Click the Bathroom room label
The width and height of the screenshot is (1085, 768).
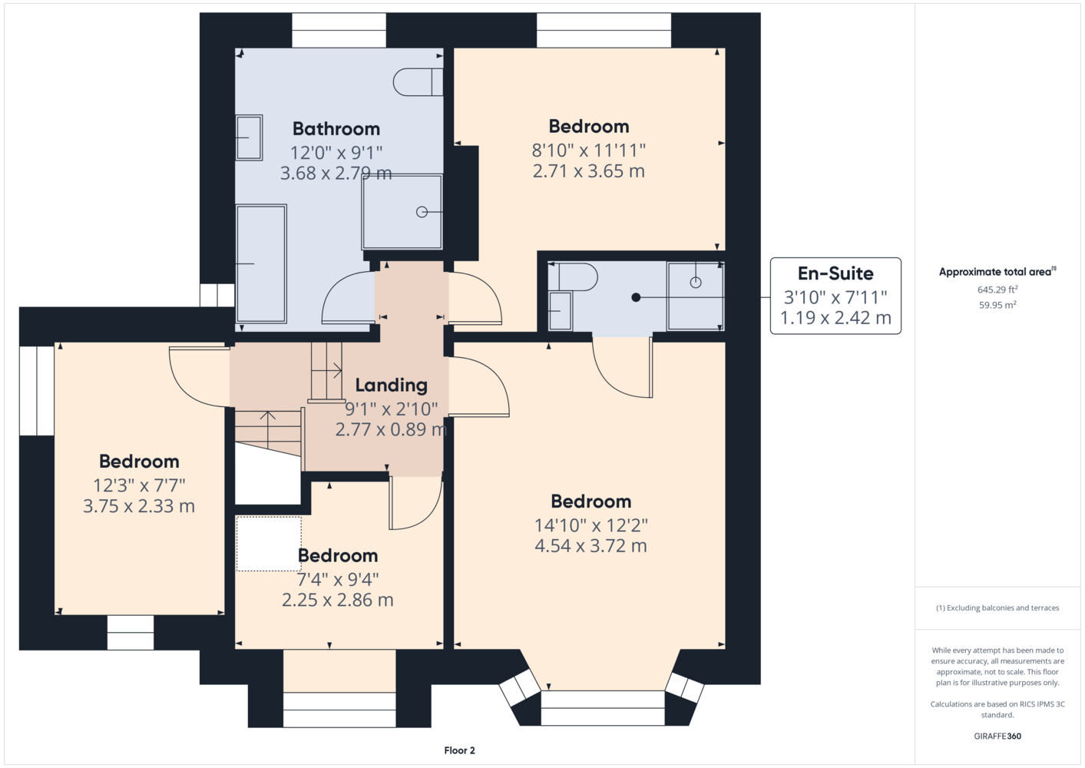336,129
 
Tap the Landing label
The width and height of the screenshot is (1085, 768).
392,386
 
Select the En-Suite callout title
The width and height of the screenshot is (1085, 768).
835,273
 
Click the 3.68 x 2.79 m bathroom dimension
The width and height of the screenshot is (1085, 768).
336,173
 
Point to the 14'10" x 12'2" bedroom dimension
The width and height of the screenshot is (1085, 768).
591,525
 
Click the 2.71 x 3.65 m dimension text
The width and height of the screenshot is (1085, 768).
588,171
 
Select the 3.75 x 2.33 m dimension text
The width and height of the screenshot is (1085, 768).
139,506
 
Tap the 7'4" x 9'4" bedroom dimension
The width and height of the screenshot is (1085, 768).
338,579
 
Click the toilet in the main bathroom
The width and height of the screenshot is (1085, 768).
418,82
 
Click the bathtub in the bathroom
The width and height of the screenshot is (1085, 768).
261,263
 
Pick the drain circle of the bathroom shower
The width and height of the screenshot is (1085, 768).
422,212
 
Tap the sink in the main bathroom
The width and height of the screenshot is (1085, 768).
249,137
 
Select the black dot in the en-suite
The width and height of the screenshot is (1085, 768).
636,297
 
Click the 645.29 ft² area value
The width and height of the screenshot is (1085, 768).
997,290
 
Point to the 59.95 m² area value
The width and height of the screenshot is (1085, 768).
997,305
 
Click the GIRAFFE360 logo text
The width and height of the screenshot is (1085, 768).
997,736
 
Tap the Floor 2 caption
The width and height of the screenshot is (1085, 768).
460,750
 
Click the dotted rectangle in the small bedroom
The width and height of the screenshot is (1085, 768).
269,544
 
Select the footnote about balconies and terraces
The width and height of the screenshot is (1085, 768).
997,607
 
